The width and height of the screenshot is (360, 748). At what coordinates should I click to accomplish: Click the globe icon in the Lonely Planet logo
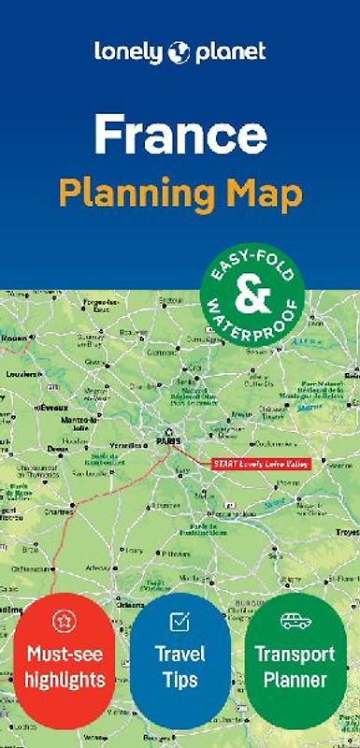tap(180, 52)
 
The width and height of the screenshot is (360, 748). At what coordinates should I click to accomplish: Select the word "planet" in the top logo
tap(229, 52)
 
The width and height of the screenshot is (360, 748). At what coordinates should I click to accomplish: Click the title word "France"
tap(180, 137)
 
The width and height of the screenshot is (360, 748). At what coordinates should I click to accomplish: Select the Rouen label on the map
tap(12, 338)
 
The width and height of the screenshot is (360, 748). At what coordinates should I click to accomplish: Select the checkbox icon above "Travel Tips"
tap(180, 621)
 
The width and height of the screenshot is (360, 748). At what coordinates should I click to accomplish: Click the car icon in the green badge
tap(295, 621)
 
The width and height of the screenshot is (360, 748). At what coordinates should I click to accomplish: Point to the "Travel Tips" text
tap(180, 666)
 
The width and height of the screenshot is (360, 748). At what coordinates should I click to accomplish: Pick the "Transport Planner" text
tap(295, 666)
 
